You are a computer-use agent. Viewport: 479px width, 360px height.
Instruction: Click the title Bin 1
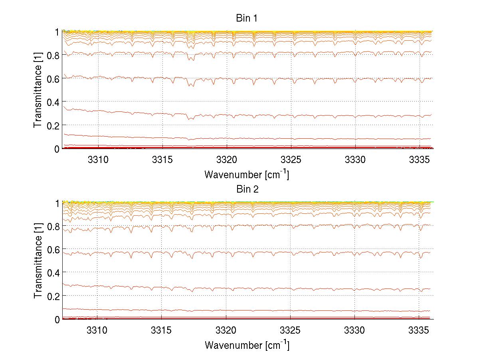tap(247, 18)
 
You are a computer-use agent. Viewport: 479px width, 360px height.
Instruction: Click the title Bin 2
tap(247, 189)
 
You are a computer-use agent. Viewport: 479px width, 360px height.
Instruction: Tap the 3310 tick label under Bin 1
tap(97, 159)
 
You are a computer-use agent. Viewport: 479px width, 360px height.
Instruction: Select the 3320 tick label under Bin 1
tap(226, 159)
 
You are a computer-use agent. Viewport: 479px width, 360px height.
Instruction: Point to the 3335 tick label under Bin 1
tap(419, 159)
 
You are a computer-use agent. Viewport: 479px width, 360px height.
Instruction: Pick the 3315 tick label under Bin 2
tap(161, 330)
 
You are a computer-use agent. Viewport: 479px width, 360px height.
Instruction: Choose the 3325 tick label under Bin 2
tap(290, 330)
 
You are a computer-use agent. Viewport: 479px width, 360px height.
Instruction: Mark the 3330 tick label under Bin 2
tap(354, 330)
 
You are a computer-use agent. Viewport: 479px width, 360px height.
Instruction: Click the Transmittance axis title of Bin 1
tap(38, 90)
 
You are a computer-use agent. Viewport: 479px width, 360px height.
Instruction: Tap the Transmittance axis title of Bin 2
tap(38, 261)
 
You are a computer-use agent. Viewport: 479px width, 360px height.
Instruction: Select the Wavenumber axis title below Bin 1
tap(247, 174)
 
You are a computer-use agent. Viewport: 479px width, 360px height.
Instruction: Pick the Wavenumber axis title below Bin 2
tap(247, 345)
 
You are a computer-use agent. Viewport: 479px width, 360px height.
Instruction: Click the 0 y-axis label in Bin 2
tap(57, 319)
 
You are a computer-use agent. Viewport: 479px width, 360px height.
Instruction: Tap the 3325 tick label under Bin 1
tap(290, 159)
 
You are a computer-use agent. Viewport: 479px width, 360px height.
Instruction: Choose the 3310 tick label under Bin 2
tap(97, 330)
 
